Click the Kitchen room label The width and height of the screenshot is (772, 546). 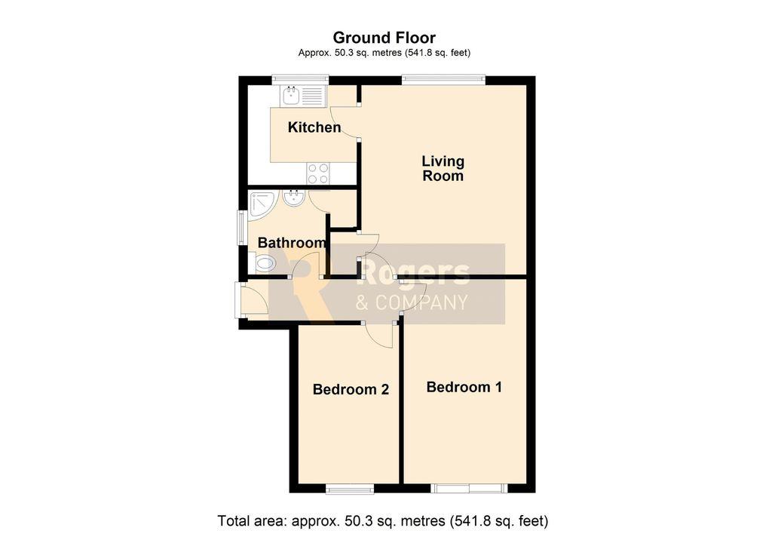314,127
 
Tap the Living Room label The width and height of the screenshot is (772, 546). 443,168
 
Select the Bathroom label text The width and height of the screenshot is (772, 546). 292,243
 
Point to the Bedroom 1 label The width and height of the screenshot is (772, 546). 464,387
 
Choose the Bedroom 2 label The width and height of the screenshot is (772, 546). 351,389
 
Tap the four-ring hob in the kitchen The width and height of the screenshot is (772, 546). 318,173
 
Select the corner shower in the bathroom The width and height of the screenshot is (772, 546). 264,205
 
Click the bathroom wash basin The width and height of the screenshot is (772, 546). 295,198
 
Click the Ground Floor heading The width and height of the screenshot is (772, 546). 384,38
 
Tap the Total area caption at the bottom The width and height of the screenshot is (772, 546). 383,520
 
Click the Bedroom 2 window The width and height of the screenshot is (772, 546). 350,489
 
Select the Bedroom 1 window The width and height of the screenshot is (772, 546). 469,489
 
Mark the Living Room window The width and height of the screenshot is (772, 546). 443,79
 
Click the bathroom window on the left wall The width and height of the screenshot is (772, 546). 241,227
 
